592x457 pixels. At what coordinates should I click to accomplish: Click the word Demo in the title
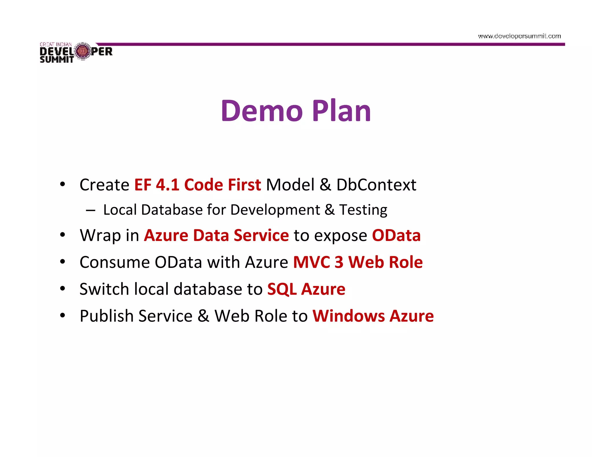click(262, 111)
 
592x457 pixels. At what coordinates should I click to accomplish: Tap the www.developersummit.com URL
click(519, 36)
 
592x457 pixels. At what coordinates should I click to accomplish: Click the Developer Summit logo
click(76, 52)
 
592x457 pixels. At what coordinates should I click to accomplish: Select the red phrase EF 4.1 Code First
click(198, 185)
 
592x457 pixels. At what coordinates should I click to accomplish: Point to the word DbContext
click(376, 185)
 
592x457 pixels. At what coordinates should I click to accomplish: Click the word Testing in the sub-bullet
click(363, 210)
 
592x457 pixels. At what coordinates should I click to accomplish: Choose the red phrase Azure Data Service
click(216, 235)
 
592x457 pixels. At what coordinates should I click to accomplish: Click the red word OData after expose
click(396, 235)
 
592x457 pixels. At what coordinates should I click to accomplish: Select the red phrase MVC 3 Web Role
click(358, 262)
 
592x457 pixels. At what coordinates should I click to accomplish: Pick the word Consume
click(114, 262)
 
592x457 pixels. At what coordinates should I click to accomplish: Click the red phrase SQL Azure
click(306, 289)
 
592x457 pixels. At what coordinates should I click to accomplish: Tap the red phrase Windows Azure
click(373, 316)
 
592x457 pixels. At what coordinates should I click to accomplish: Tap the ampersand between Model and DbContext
click(325, 185)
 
